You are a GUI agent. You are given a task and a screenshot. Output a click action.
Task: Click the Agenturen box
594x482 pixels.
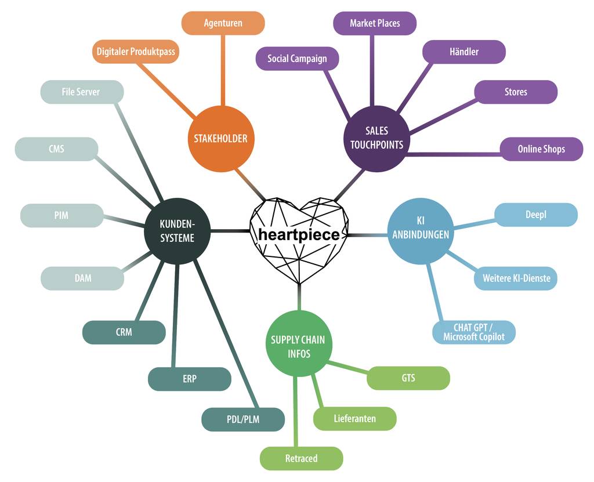[x=223, y=23]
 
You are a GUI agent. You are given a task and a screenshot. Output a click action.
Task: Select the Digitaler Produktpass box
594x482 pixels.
[x=136, y=52]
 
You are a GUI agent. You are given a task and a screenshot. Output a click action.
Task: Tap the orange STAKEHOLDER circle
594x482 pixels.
[x=220, y=138]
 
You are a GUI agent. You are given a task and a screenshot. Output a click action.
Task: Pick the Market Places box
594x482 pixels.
[x=375, y=23]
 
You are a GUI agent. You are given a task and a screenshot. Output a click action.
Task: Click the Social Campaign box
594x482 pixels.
[x=297, y=59]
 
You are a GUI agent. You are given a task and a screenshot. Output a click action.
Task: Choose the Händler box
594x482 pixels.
[x=463, y=52]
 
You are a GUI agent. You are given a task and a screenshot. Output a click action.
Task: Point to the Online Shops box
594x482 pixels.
[x=541, y=149]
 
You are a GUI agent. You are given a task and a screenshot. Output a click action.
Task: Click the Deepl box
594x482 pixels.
[x=536, y=215]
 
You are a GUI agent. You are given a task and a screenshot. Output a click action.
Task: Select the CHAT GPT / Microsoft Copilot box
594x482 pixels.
[x=474, y=332]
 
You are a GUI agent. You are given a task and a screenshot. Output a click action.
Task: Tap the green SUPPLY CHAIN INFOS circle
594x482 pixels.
[x=299, y=346]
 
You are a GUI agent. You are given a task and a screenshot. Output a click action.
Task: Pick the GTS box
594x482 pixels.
[x=408, y=378]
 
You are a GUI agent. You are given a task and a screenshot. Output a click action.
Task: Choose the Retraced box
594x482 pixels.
[x=301, y=458]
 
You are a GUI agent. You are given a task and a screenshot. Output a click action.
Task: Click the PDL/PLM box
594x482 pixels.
[x=243, y=419]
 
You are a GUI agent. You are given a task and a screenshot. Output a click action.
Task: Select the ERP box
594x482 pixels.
[x=190, y=379]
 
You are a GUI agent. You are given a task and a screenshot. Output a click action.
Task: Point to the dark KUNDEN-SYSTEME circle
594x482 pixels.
[x=177, y=231]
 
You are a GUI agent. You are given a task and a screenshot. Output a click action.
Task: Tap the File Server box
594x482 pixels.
[x=81, y=92]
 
